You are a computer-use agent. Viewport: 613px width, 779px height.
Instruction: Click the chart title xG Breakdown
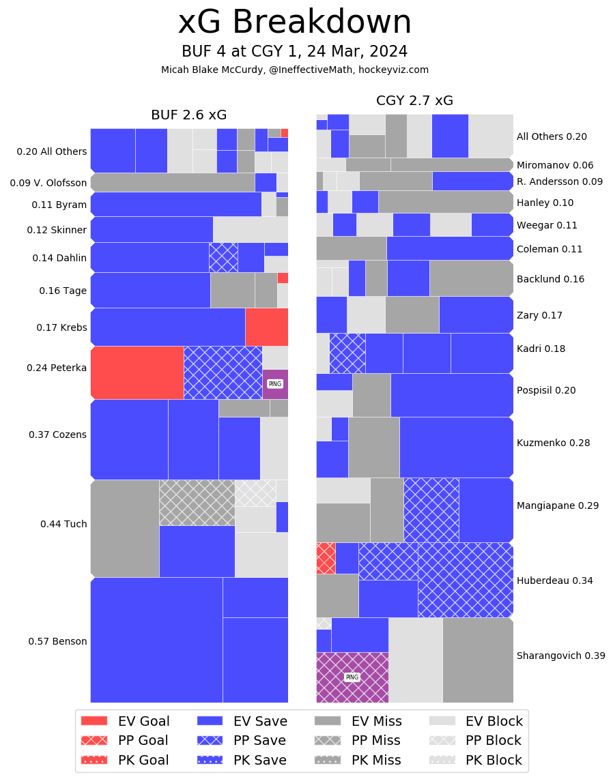[x=294, y=23]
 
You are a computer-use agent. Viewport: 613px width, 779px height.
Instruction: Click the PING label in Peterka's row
[x=275, y=384]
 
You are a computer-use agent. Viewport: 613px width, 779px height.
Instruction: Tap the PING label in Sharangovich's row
[x=352, y=677]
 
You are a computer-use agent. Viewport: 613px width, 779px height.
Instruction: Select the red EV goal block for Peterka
[x=137, y=372]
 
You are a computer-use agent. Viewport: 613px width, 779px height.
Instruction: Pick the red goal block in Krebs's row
[x=266, y=327]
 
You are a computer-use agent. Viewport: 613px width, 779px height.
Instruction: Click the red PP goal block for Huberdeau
[x=326, y=558]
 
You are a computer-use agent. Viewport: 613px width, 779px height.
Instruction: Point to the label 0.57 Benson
[x=57, y=641]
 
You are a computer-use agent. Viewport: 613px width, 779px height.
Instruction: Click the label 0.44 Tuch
[x=63, y=524]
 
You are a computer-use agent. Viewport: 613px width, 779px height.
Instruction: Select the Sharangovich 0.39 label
[x=560, y=656]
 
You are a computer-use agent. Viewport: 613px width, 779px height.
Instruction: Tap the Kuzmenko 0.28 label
[x=553, y=443]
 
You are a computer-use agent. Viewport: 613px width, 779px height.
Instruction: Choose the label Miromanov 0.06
[x=555, y=165]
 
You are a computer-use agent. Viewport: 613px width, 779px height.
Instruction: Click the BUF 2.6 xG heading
[x=188, y=115]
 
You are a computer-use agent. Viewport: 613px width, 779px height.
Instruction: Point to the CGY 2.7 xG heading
[x=414, y=101]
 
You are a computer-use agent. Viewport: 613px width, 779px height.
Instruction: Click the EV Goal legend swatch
[x=94, y=721]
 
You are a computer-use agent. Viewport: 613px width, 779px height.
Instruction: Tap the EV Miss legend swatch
[x=328, y=721]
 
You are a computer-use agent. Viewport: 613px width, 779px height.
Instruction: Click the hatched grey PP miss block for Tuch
[x=197, y=503]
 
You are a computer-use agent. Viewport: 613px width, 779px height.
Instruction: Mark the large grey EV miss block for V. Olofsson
[x=173, y=182]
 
